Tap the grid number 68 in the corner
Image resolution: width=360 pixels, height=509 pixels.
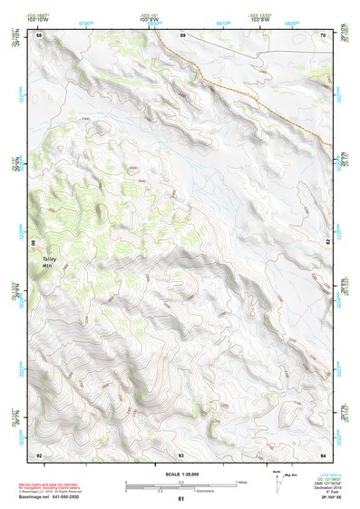[39, 36]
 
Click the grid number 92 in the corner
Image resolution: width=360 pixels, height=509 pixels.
[39, 454]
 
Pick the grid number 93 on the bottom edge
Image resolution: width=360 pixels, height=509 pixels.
[181, 454]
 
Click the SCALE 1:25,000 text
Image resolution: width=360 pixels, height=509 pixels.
[180, 474]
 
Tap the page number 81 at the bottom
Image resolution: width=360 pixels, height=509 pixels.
[181, 499]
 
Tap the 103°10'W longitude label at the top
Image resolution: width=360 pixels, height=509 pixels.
[37, 21]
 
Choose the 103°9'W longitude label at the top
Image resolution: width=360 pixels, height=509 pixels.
[148, 21]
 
